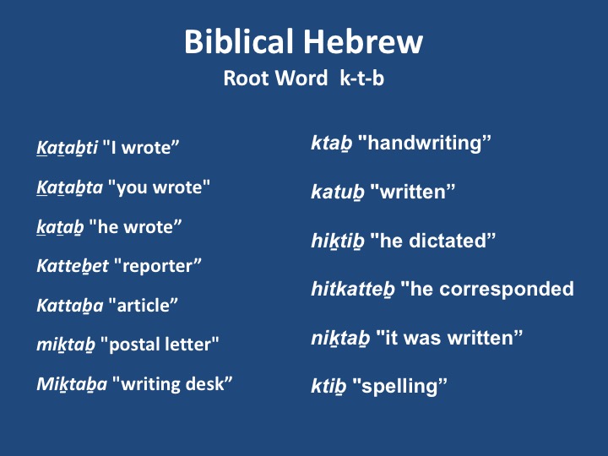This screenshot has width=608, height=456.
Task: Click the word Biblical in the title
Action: (238, 41)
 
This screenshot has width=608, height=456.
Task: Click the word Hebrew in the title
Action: (362, 41)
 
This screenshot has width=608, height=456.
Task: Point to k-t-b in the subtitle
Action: (361, 79)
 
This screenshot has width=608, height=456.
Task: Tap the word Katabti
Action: (67, 148)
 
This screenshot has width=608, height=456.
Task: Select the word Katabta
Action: (70, 188)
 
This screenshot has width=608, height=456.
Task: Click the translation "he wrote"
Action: (135, 227)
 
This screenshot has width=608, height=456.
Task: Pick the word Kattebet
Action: (73, 266)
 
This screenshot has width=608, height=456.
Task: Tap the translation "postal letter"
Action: (160, 345)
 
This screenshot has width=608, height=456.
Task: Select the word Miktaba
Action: (72, 384)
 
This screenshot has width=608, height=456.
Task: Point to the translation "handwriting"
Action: (424, 144)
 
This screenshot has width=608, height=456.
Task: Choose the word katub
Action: (338, 192)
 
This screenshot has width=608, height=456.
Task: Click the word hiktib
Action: (338, 241)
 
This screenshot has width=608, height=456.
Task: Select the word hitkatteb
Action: (353, 290)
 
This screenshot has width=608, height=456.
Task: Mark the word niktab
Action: (340, 338)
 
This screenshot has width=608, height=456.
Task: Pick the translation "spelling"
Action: (399, 387)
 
